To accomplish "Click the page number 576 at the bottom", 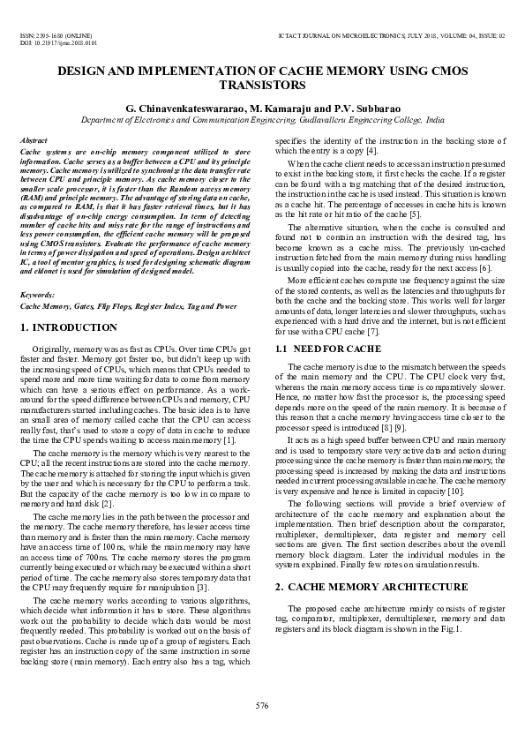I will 262,705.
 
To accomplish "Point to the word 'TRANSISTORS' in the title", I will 262,86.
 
